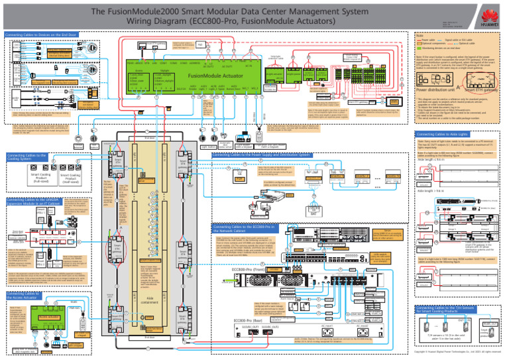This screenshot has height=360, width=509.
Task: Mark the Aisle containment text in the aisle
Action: pyautogui.click(x=158, y=299)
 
